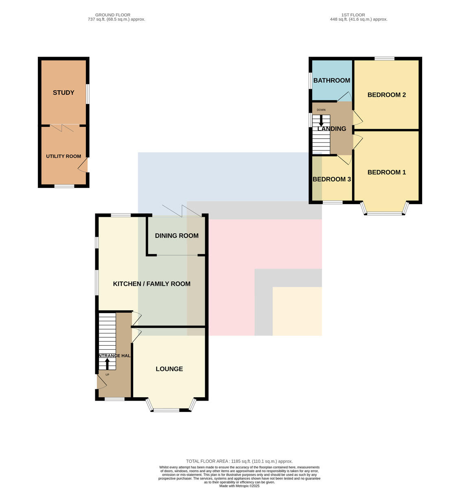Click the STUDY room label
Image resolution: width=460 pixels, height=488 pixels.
tap(64, 93)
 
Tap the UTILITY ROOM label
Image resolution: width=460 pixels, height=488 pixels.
tap(64, 156)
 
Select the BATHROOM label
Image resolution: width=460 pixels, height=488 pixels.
tap(332, 81)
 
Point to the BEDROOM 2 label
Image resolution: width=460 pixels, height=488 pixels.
tap(386, 95)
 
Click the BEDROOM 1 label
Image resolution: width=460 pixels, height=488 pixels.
tap(386, 172)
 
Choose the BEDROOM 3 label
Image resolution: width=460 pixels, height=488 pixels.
tap(332, 179)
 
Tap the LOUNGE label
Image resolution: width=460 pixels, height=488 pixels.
tap(169, 369)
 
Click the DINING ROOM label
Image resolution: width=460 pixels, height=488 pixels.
tap(177, 235)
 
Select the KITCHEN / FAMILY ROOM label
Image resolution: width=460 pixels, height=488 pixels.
tap(151, 284)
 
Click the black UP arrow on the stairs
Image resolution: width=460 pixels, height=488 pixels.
tap(107, 364)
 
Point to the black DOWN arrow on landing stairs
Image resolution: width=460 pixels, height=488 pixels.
tap(321, 121)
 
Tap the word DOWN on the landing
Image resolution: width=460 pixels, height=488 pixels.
tap(321, 110)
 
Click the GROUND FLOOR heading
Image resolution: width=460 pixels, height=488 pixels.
tap(113, 15)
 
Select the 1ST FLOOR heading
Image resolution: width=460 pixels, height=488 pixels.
tap(353, 15)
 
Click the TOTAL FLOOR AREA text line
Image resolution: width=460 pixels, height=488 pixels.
tap(239, 461)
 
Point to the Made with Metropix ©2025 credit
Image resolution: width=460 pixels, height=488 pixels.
tap(239, 486)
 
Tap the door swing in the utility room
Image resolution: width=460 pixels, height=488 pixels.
tap(83, 165)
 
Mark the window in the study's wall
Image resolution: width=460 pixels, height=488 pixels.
tap(88, 94)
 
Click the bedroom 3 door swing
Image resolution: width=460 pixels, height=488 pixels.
tap(344, 160)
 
